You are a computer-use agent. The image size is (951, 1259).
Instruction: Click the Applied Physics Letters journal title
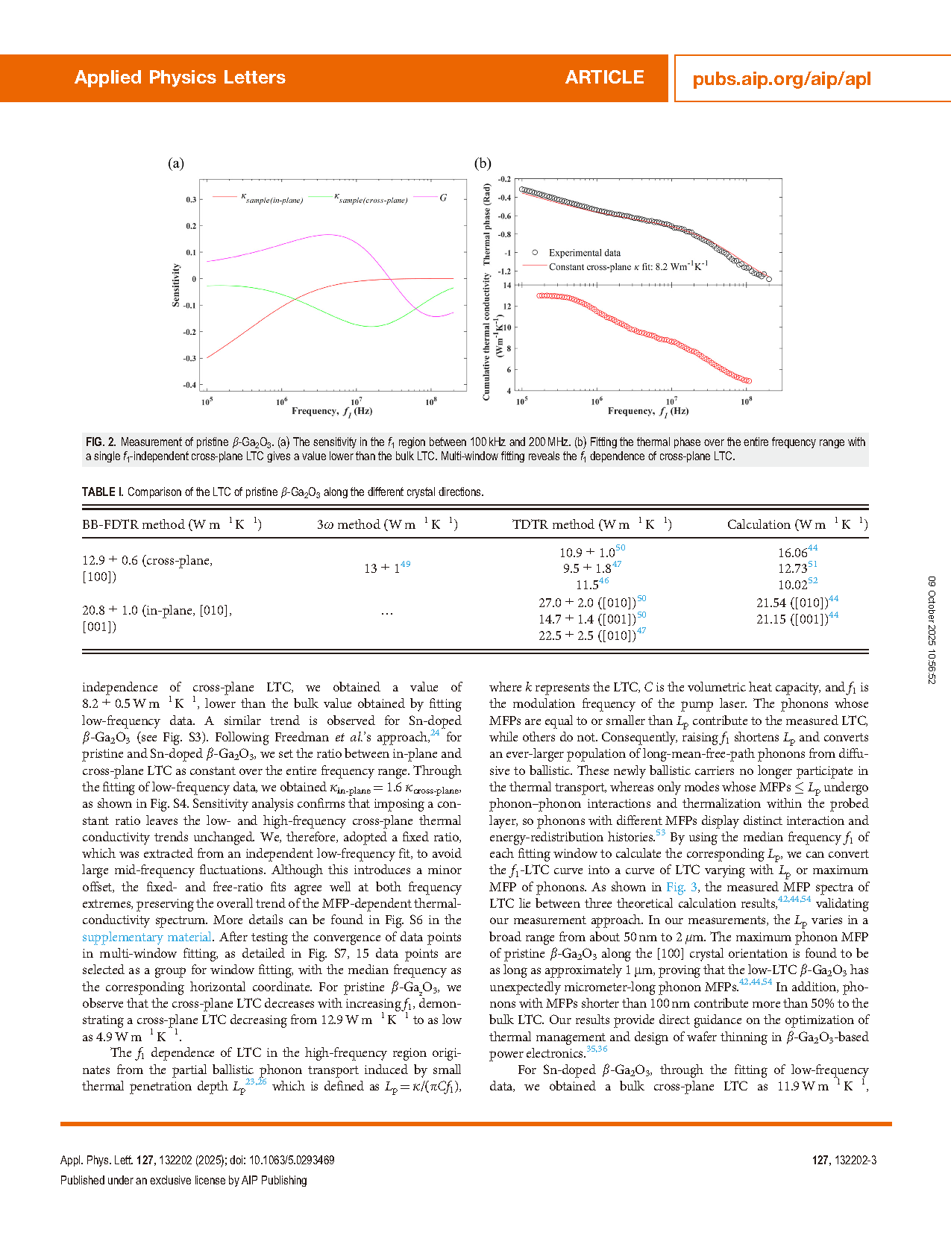(x=180, y=78)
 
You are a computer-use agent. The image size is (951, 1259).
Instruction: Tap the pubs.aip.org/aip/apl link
(x=781, y=79)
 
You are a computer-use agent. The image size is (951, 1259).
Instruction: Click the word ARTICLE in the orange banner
(x=604, y=78)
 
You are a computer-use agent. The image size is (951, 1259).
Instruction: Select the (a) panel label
(x=176, y=163)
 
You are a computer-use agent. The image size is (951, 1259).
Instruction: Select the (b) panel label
(x=483, y=163)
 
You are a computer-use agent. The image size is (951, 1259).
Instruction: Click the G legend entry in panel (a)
(x=443, y=198)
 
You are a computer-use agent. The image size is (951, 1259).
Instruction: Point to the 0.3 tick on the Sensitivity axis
(x=192, y=200)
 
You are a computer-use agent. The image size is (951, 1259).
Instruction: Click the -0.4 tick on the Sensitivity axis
(x=190, y=386)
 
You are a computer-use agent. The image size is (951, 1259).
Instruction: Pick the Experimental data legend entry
(x=584, y=253)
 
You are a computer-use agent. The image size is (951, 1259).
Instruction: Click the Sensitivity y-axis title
(x=176, y=285)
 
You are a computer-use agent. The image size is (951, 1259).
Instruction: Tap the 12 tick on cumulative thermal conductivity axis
(x=507, y=307)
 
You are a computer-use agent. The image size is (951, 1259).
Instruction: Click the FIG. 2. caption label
(x=101, y=442)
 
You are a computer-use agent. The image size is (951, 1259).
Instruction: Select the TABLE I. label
(x=103, y=492)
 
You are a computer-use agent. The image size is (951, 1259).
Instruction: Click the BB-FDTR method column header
(x=172, y=524)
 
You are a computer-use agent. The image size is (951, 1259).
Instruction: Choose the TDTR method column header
(x=591, y=524)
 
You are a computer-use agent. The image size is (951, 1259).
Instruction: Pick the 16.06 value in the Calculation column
(x=794, y=553)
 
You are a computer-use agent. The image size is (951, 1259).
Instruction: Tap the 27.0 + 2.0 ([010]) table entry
(x=589, y=603)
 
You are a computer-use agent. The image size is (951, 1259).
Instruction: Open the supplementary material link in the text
(x=147, y=937)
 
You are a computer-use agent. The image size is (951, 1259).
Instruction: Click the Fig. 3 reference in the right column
(x=682, y=887)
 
